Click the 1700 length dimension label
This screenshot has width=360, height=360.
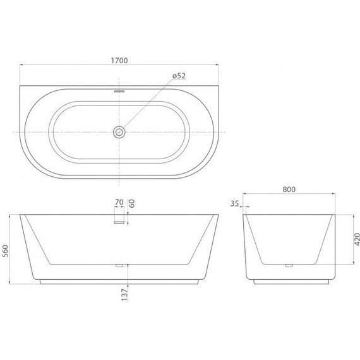(x=119, y=61)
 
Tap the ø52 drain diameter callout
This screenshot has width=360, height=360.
(x=179, y=77)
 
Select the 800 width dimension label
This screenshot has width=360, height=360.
(x=290, y=188)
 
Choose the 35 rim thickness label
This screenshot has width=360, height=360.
(x=235, y=203)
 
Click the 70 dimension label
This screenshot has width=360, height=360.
(x=119, y=203)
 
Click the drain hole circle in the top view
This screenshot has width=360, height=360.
(x=119, y=131)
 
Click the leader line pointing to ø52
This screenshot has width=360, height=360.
(x=148, y=104)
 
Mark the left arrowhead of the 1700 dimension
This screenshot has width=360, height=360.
(x=21, y=65)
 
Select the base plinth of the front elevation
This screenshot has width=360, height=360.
(x=119, y=281)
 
